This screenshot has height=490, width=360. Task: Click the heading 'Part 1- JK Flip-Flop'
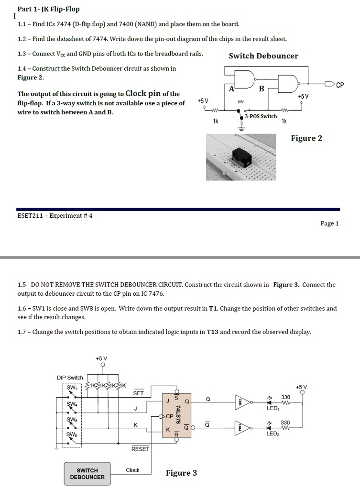click(48, 9)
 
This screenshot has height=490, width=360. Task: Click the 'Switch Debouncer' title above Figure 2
click(263, 56)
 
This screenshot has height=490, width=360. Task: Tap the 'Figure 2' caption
click(306, 138)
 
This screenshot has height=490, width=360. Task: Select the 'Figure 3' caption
click(181, 473)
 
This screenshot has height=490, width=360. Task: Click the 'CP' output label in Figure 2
click(340, 86)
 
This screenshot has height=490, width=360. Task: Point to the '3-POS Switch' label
click(261, 116)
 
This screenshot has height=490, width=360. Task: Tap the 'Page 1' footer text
click(330, 223)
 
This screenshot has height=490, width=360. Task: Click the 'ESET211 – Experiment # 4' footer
click(55, 215)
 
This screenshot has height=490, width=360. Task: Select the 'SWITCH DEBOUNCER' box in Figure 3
click(87, 474)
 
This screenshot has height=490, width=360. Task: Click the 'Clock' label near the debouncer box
click(132, 470)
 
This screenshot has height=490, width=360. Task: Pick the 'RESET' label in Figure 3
click(140, 449)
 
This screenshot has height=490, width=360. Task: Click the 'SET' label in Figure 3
click(138, 393)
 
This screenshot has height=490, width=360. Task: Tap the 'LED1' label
click(273, 408)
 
